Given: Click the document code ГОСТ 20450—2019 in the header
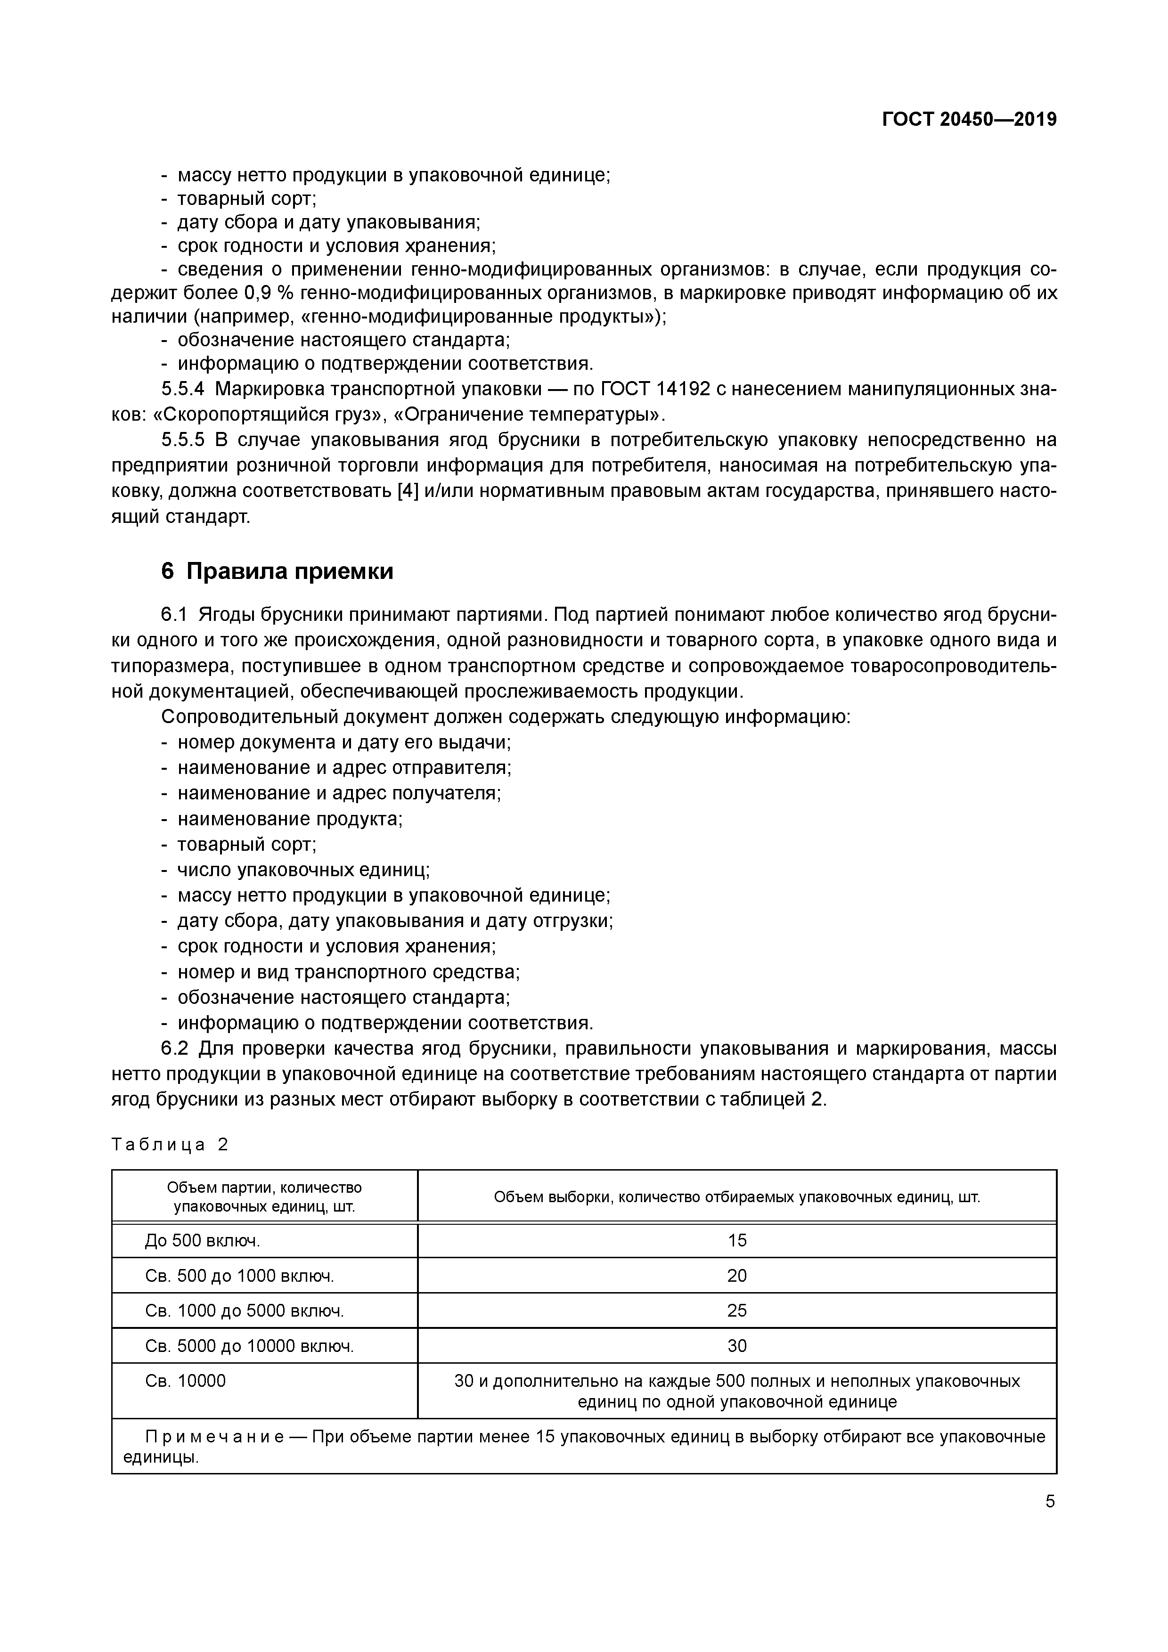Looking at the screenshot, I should tap(969, 120).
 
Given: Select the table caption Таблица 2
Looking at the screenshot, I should tap(170, 1145).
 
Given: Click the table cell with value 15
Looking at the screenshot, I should tap(737, 1240).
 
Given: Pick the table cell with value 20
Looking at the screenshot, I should tap(737, 1276).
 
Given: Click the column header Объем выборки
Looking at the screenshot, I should tap(737, 1197).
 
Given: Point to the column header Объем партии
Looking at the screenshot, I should tap(264, 1197).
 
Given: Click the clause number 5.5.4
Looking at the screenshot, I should tap(183, 389).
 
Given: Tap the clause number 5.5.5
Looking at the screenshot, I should tap(183, 439).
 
